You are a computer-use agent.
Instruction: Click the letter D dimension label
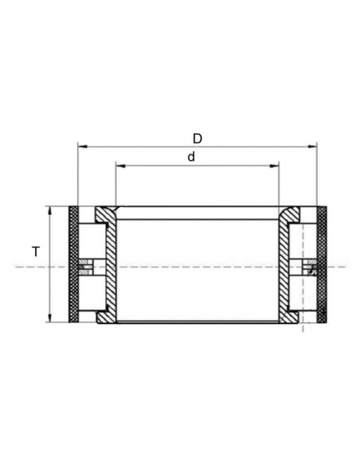point(198,138)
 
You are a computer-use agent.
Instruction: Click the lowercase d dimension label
point(191,157)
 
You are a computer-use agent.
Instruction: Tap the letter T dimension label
point(35,252)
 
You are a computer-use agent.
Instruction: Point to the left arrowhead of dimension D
point(80,147)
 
